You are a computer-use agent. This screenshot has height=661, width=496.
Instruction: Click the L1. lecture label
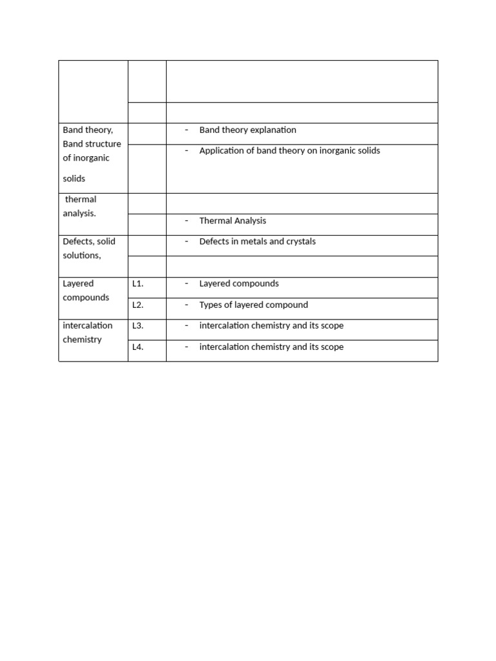pos(137,284)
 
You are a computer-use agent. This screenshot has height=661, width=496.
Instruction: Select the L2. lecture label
pos(137,305)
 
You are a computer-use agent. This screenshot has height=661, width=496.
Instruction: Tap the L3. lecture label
pos(137,326)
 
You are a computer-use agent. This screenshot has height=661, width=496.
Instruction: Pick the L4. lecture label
pos(137,347)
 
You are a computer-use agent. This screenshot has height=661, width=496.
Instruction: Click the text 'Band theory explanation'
pos(247,130)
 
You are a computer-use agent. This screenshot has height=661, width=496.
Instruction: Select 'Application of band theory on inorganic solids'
pos(289,151)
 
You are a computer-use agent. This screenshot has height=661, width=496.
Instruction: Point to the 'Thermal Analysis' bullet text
pos(232,221)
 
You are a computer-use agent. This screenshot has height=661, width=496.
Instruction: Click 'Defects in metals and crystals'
pos(257,242)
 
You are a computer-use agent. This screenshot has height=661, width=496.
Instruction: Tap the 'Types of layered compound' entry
pos(253,305)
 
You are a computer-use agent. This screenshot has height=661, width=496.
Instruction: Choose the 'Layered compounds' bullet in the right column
pos(239,284)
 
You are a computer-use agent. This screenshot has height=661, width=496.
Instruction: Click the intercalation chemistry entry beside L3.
pos(271,326)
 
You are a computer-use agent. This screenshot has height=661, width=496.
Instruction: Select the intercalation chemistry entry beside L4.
pos(271,347)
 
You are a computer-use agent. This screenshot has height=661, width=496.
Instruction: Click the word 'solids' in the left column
pos(74,179)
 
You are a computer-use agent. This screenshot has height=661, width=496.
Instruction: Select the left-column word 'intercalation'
pos(87,326)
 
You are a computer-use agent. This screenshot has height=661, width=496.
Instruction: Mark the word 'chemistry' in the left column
pos(82,340)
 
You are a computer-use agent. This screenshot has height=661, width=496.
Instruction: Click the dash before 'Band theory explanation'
pos(186,130)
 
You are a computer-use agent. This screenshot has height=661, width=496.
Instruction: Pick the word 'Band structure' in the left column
pos(92,144)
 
